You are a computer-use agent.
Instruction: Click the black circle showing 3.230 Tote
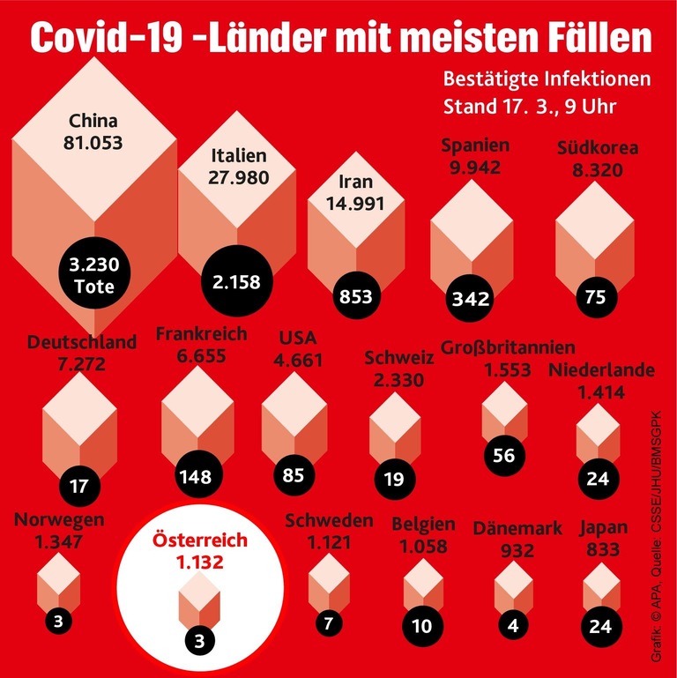[x=94, y=275]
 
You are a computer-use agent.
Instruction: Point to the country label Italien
[x=239, y=156]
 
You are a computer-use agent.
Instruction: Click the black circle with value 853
[x=355, y=297]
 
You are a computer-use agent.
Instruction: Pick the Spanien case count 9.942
[x=475, y=167]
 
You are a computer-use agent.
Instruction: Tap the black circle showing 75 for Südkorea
[x=595, y=297]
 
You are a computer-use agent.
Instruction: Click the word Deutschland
[x=82, y=341]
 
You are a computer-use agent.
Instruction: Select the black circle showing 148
[x=194, y=477]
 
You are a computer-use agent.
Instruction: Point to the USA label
[x=297, y=338]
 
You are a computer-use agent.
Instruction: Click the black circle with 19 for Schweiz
[x=393, y=479]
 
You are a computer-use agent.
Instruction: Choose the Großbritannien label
[x=508, y=346]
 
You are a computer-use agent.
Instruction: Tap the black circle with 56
[x=504, y=456]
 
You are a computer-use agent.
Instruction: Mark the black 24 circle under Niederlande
[x=598, y=479]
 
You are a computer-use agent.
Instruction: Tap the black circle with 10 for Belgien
[x=421, y=627]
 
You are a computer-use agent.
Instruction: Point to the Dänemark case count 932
[x=517, y=550]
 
